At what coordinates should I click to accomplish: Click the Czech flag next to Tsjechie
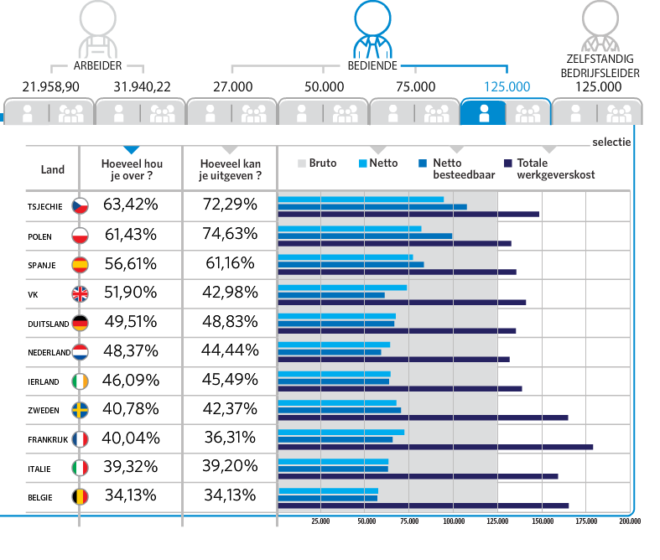[81, 206]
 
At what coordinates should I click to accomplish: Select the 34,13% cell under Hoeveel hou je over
[131, 495]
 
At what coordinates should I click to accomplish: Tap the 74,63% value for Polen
[230, 235]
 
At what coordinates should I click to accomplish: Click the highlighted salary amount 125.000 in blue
[507, 86]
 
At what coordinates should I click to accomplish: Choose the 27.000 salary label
[232, 86]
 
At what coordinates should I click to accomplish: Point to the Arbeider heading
[98, 65]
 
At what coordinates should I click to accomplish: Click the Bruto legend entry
[318, 163]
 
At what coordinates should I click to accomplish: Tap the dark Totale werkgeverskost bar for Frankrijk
[435, 447]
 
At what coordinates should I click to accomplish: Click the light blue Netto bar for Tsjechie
[361, 200]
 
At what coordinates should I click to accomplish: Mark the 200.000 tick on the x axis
[630, 521]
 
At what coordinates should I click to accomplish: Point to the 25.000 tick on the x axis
[320, 521]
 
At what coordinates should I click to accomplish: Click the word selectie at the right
[611, 143]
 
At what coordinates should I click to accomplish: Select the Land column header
[53, 170]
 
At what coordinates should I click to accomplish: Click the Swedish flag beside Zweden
[81, 410]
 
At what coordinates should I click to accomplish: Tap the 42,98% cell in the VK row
[230, 293]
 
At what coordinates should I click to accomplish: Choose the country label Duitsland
[49, 323]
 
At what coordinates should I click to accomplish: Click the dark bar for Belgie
[424, 506]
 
